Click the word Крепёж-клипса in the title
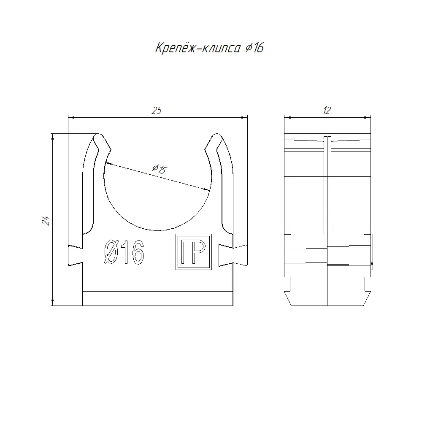(x=198, y=48)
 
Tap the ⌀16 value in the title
(x=254, y=48)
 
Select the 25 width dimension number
(x=157, y=111)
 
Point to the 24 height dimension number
(x=46, y=220)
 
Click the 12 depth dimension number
(x=327, y=110)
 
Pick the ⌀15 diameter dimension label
(x=160, y=169)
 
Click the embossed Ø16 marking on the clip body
(x=124, y=252)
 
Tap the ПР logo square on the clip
(x=194, y=252)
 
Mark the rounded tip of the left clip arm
(x=99, y=136)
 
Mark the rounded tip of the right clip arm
(x=216, y=136)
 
